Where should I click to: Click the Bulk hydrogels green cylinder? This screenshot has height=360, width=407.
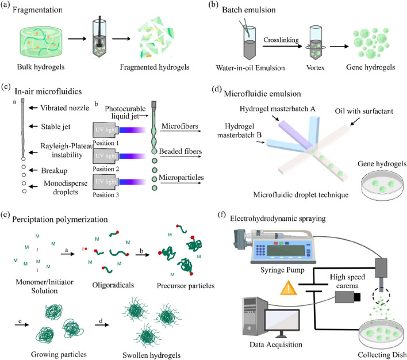coord(41,43)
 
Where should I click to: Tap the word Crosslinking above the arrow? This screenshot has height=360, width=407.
coord(281,40)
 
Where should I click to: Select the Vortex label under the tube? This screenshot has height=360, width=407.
coord(315,67)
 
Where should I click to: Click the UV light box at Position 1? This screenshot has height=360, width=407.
coord(106,129)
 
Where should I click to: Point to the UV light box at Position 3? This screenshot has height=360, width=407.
coord(106,182)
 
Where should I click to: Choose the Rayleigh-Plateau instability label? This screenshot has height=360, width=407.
coord(67,151)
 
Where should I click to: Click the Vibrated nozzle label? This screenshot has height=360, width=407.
coord(64,108)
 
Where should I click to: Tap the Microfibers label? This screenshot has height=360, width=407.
coord(179,127)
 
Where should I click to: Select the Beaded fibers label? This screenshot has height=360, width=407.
coord(181,151)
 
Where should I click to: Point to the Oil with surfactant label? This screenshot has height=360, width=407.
coord(364,111)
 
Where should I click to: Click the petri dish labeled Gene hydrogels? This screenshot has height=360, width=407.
coord(382,185)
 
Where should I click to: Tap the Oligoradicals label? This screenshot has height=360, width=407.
coord(113,285)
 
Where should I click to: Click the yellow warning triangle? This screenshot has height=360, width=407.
coord(289,288)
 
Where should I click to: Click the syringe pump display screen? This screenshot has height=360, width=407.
coord(286,251)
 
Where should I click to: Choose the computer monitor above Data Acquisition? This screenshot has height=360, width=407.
coord(282,322)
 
